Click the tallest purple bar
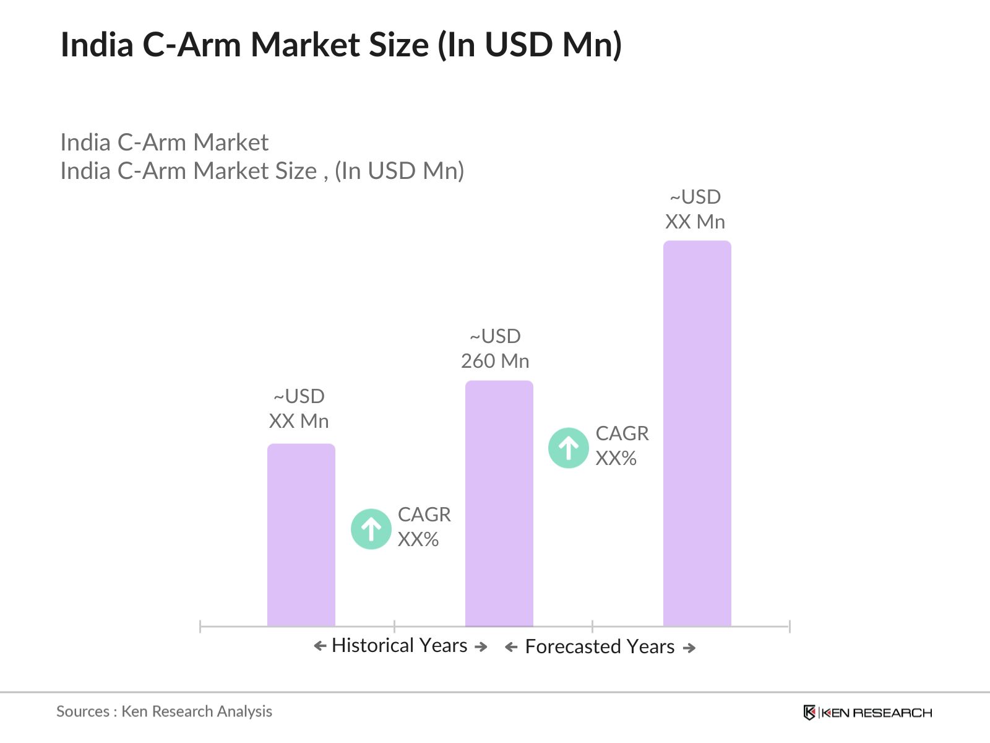coord(697,433)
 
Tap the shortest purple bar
coord(301,535)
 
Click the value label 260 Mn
coord(495,361)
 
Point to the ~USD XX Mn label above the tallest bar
coord(695,209)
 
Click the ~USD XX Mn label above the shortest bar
coord(299,409)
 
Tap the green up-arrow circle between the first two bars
coord(371,529)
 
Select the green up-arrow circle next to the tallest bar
coord(568,448)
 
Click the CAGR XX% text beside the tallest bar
coord(621,446)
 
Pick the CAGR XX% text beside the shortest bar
coord(424,527)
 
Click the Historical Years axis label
coord(399,646)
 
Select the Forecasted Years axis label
coord(600,647)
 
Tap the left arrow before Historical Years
coord(320,646)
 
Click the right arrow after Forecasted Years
coord(689,648)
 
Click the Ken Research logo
coord(867,713)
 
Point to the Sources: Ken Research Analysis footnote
coord(164,711)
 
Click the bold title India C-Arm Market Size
coord(341,45)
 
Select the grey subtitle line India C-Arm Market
coord(164,142)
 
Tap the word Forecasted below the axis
coord(573,647)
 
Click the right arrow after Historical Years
coord(481,646)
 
